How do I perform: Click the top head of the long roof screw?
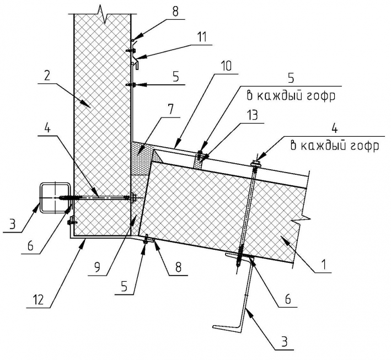[256, 163]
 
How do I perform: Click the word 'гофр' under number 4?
[365, 146]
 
